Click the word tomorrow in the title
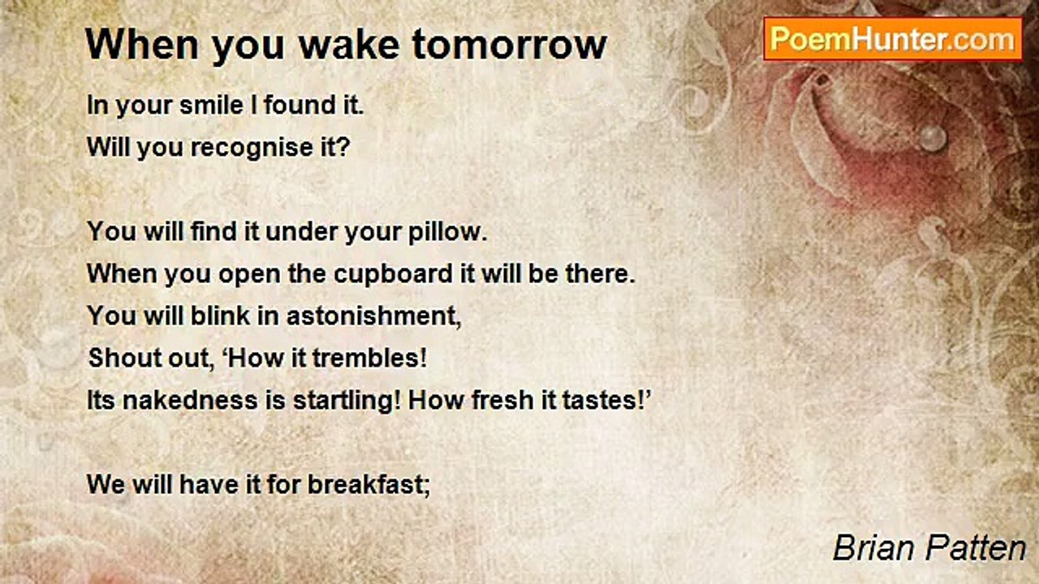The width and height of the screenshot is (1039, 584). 509,45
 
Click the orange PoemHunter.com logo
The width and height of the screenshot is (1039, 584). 893,39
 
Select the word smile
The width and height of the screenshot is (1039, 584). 211,105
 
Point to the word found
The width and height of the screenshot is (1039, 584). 300,105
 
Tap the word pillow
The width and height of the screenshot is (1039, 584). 447,231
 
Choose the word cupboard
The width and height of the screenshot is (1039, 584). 394,274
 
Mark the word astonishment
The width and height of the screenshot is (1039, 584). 374,316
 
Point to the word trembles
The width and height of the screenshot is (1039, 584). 369,359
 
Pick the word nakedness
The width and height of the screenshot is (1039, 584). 190,400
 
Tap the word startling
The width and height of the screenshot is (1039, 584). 347,401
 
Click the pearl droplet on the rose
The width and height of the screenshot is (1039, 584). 933,138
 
